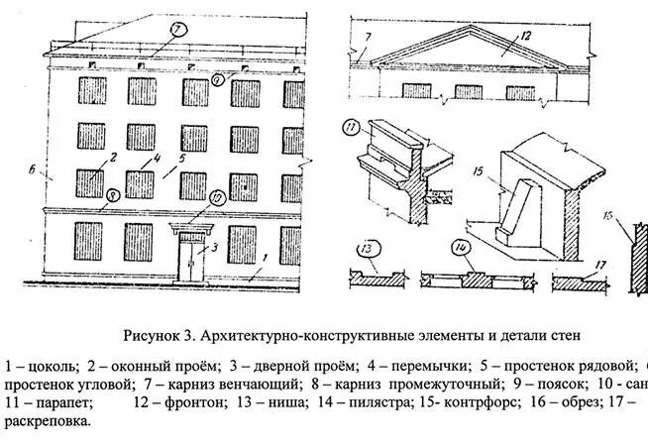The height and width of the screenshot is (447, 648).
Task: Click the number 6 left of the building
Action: [x=33, y=170]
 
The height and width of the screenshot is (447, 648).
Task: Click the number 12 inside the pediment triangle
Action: [x=526, y=36]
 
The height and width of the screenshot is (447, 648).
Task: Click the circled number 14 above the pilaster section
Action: [x=461, y=248]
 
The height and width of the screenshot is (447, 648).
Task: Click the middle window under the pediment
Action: [x=469, y=91]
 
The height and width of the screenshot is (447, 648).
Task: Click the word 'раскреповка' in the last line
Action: [x=45, y=421]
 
